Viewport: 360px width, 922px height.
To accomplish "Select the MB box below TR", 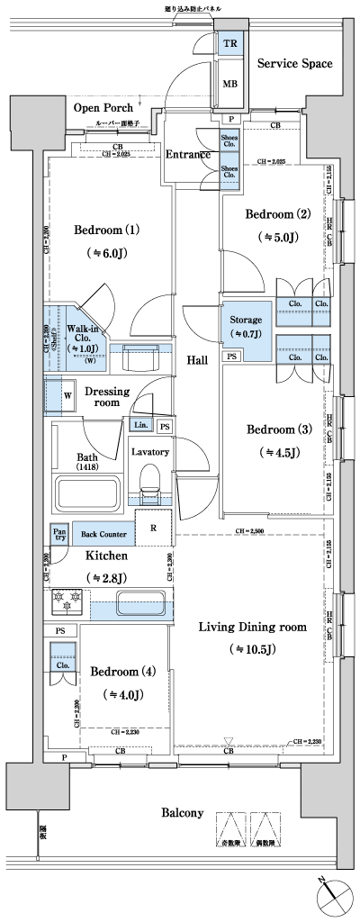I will coord(231,85).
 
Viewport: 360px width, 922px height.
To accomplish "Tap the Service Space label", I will coord(294,64).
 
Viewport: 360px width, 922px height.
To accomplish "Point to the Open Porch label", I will coord(103,108).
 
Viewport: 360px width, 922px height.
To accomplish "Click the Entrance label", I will coord(188,154).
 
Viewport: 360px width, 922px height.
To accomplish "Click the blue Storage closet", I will coord(246,326).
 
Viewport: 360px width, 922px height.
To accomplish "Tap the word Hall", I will coord(198,360).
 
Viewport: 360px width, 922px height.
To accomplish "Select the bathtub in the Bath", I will coord(87,494).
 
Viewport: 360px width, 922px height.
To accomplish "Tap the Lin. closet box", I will coord(140,425).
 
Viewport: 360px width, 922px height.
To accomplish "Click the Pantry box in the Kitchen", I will coord(59,533).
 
